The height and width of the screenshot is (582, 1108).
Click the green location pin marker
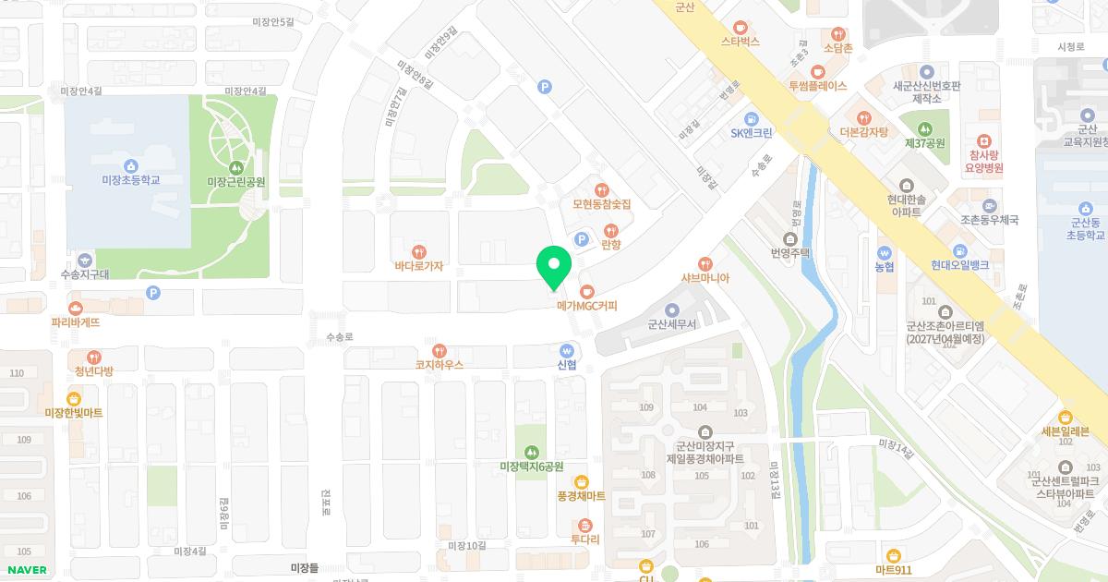[x=554, y=267]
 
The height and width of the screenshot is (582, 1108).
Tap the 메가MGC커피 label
[x=586, y=306]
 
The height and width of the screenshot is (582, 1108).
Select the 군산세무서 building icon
[x=671, y=309]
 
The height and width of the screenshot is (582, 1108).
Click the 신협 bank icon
[x=567, y=349]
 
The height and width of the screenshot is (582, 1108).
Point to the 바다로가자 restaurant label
[x=419, y=266]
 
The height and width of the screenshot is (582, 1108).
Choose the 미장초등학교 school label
[x=130, y=180]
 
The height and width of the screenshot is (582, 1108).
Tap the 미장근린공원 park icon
[x=236, y=167]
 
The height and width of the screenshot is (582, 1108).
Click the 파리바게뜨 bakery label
[x=76, y=322]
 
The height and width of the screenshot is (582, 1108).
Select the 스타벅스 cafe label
[x=741, y=42]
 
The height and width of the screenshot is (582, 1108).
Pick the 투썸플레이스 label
[x=817, y=86]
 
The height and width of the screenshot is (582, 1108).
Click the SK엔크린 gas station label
[x=751, y=133]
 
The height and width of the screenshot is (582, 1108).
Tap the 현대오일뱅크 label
[x=959, y=265]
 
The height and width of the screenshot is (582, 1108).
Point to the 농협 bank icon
[x=884, y=251]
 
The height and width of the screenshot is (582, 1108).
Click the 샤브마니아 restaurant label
[x=705, y=278]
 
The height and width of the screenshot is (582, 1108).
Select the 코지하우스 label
[x=440, y=365]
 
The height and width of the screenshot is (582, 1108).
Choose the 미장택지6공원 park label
[x=531, y=467]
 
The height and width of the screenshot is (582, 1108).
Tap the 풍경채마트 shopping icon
[x=581, y=481]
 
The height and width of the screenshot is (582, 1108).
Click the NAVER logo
[x=25, y=570]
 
